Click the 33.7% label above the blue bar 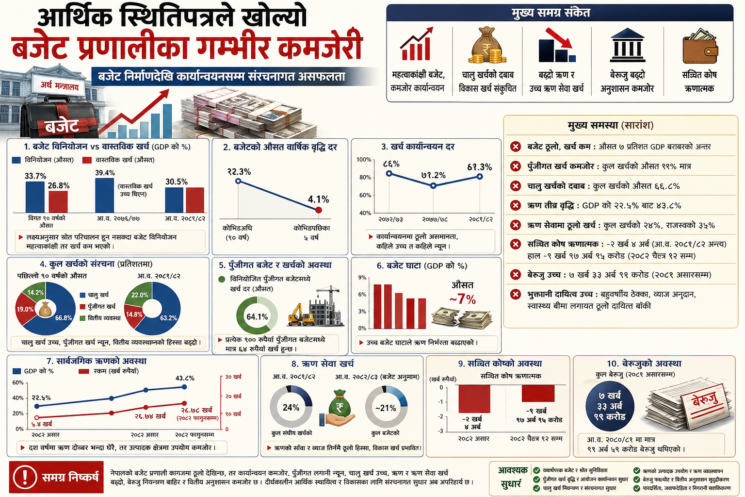[35, 176]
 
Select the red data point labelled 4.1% [319, 210]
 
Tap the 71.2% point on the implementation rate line [433, 185]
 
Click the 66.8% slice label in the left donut [64, 318]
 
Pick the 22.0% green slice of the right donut [140, 295]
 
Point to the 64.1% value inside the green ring [257, 317]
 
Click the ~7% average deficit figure [462, 299]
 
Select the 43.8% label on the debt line [185, 378]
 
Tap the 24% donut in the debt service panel [291, 408]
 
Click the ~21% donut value [386, 408]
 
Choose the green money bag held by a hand [339, 405]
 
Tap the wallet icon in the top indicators [699, 47]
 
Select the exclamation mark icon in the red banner [25, 477]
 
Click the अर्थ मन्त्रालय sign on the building [60, 86]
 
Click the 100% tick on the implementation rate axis [364, 160]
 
